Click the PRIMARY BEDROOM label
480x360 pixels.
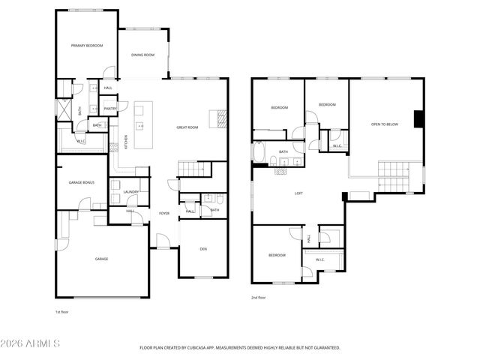pos(86,46)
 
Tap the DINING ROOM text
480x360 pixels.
pos(142,55)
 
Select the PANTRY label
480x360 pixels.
pos(110,109)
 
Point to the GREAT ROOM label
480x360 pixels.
pos(187,128)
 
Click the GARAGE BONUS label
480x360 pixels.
pos(81,182)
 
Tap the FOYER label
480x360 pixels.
pos(163,213)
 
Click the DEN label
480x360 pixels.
pos(202,249)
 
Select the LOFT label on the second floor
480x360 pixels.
pos(298,193)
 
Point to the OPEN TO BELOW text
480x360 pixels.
pos(385,124)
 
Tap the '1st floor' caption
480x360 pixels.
pos(63,311)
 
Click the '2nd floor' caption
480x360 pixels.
pos(259,298)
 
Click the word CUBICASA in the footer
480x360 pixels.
pos(207,348)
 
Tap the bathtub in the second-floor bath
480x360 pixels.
pos(259,154)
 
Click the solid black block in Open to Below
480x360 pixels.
pos(419,119)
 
